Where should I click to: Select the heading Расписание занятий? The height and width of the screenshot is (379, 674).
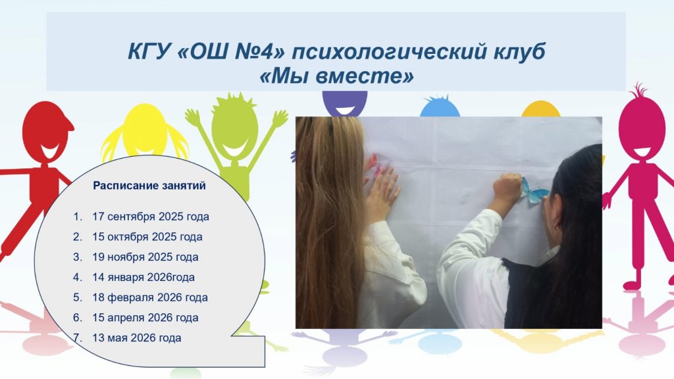[x=149, y=186]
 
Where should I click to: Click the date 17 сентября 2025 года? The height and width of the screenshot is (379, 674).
[x=151, y=216]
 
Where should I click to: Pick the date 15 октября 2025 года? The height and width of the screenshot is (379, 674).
[x=147, y=237]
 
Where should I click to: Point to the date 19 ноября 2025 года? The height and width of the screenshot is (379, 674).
[x=145, y=257]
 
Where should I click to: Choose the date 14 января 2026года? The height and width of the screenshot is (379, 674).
[x=143, y=277]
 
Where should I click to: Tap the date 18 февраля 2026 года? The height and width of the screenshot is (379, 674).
[x=150, y=297]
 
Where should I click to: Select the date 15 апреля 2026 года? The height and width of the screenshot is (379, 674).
[x=145, y=318]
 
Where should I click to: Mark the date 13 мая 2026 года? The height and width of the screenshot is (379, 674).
[x=137, y=338]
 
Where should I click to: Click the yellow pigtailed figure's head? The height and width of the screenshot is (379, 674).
[x=144, y=130]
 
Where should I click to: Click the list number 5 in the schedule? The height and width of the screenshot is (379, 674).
[x=77, y=297]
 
